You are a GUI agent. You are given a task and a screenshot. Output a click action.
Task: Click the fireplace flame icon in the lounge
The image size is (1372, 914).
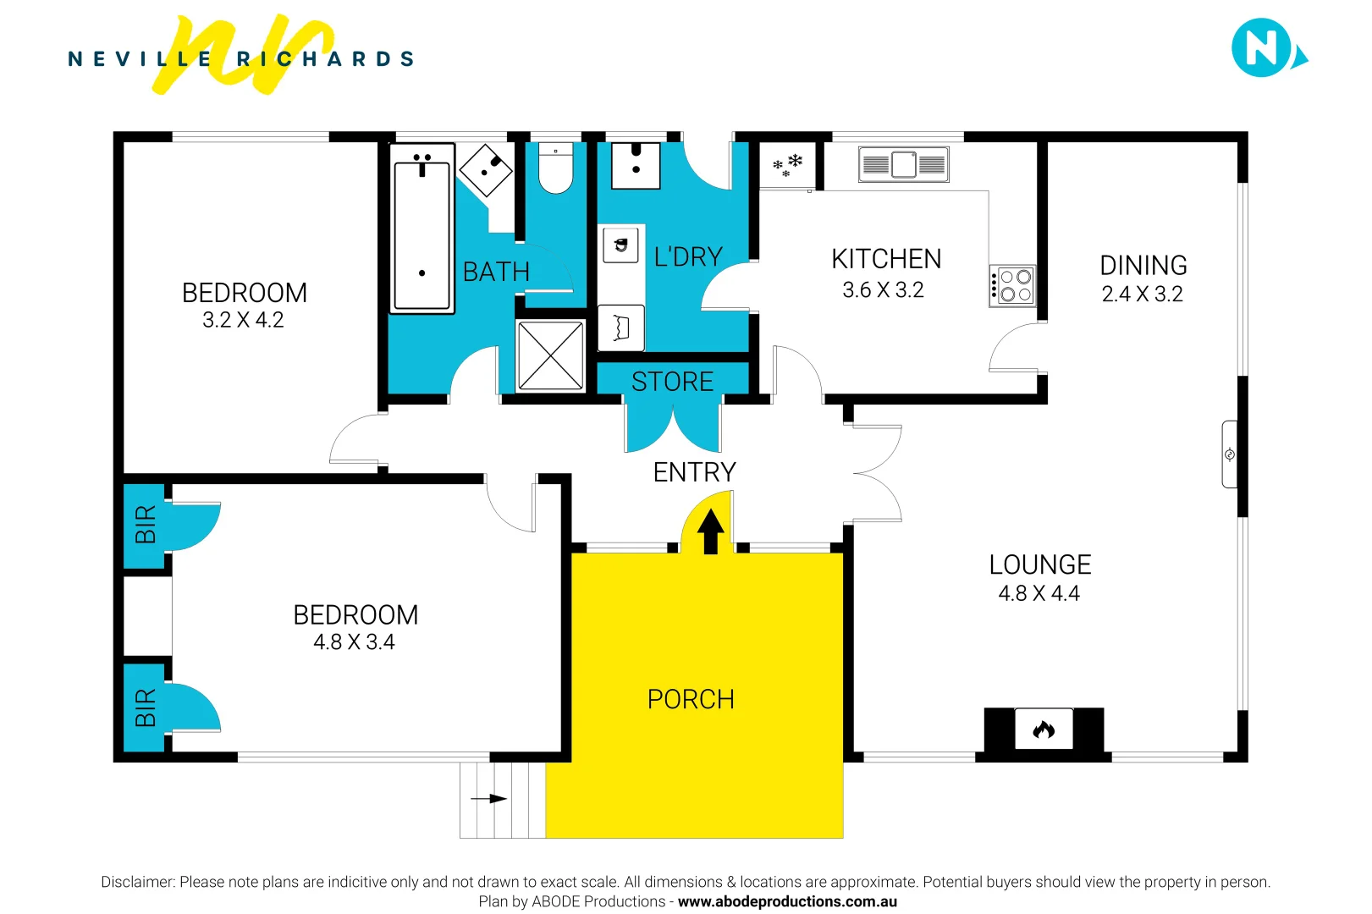[x=1044, y=730]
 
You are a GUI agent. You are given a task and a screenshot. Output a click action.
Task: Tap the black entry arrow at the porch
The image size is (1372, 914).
[x=711, y=531]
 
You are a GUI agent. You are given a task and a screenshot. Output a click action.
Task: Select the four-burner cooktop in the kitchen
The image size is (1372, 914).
[x=1013, y=285]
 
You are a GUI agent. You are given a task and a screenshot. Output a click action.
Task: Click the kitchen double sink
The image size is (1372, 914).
[x=903, y=164]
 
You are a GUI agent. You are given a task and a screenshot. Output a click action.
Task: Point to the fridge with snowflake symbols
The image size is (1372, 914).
[x=787, y=165]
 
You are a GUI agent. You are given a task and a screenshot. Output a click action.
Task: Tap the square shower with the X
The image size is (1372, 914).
[x=550, y=355]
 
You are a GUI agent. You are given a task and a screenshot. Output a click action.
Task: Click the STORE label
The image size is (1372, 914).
[x=672, y=382]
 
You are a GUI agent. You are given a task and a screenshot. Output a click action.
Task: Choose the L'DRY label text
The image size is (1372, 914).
[x=688, y=256]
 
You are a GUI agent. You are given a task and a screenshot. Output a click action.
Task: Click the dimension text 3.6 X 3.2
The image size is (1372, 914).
[x=883, y=290]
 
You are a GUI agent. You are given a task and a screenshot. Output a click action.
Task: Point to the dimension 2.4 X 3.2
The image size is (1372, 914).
[x=1142, y=295]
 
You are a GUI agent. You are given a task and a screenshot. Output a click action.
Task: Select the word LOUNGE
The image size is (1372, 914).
[x=1039, y=564]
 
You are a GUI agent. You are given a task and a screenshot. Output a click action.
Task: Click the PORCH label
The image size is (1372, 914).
[x=691, y=699]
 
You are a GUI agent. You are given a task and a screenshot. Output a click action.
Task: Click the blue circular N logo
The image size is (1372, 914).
[x=1262, y=48]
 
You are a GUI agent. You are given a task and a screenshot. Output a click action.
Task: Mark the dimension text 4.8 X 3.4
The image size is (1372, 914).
[x=354, y=642]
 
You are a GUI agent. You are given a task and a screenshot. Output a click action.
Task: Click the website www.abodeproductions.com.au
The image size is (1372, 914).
[x=787, y=901]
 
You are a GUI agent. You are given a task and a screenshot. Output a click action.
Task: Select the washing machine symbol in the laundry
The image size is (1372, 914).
[x=621, y=246]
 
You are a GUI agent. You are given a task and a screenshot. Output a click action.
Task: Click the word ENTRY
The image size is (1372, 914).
[x=694, y=472]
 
